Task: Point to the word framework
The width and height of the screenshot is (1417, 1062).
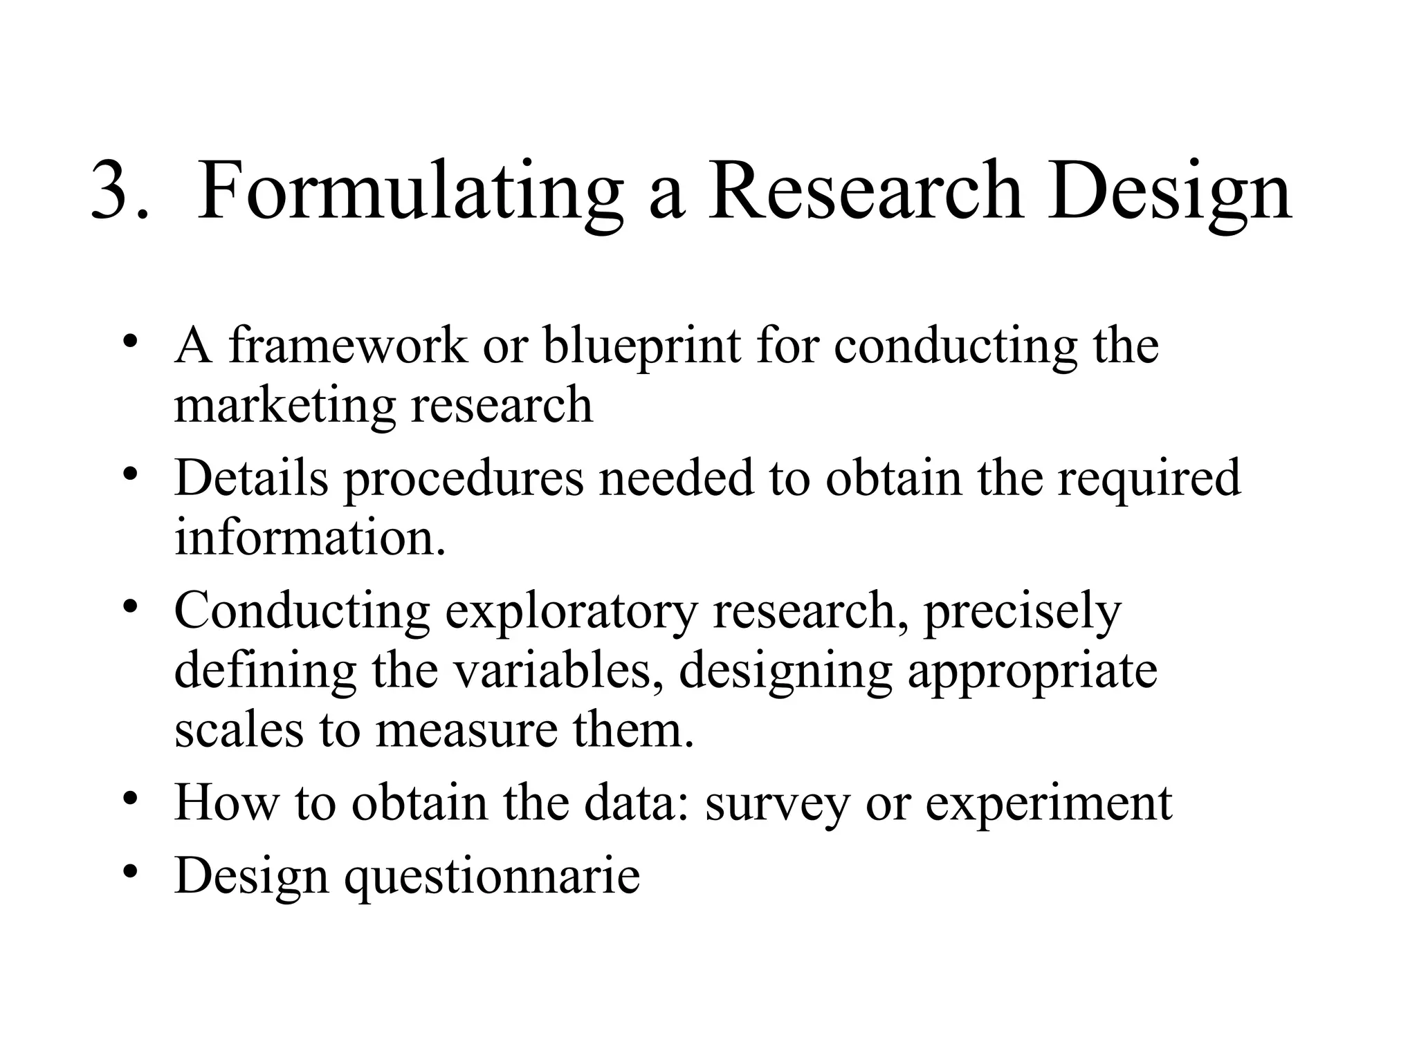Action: point(348,346)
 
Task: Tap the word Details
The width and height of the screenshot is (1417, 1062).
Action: point(251,478)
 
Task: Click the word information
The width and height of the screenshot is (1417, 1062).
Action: point(310,538)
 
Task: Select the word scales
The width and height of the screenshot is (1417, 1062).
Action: point(239,731)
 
